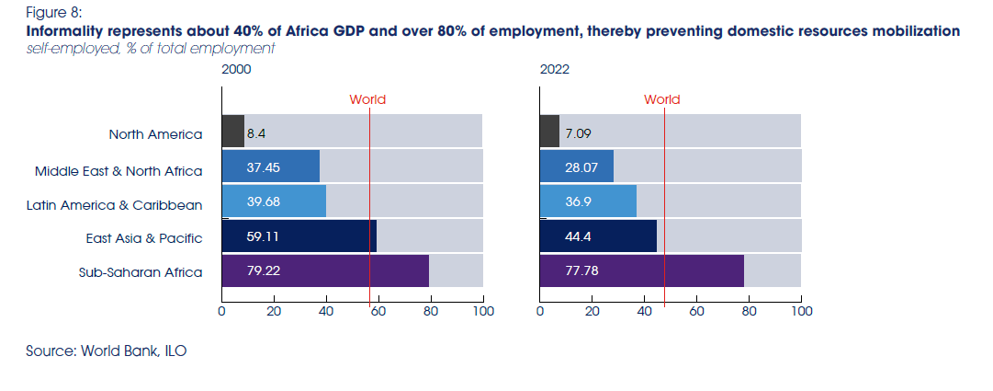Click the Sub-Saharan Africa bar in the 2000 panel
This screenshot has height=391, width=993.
click(x=324, y=272)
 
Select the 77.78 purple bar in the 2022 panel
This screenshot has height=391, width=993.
click(x=641, y=272)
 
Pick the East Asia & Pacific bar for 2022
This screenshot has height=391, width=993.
click(x=598, y=236)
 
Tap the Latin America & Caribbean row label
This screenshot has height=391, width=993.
click(x=115, y=204)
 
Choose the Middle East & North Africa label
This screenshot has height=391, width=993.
click(x=118, y=170)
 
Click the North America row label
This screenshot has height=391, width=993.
click(x=155, y=134)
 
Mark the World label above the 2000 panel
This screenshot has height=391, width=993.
click(x=367, y=99)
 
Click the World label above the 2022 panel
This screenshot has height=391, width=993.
click(x=661, y=99)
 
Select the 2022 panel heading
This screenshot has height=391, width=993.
click(x=553, y=69)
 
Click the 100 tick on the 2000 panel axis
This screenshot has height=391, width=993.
click(x=483, y=312)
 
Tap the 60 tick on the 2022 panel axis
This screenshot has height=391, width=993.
click(x=696, y=312)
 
